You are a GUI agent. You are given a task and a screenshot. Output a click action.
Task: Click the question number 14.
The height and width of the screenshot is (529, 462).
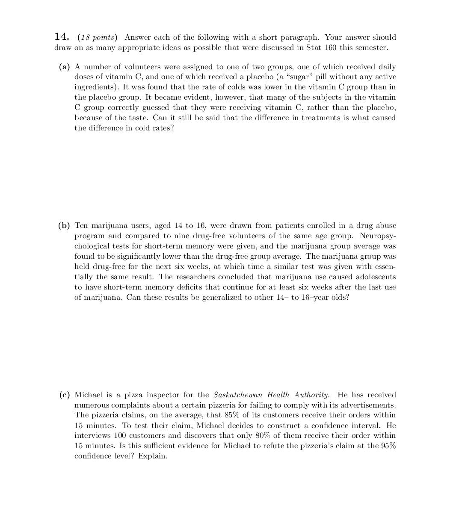(x=62, y=37)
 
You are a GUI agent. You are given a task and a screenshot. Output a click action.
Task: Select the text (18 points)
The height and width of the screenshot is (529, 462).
(x=97, y=37)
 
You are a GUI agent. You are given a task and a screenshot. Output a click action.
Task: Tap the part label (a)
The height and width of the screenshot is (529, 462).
(x=64, y=67)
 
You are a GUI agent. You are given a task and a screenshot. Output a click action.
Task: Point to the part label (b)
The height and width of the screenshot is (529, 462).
(x=64, y=225)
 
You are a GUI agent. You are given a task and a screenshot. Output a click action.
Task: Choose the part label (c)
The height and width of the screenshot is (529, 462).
(x=64, y=395)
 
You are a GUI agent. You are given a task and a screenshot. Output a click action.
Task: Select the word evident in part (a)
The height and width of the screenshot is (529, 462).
(x=198, y=98)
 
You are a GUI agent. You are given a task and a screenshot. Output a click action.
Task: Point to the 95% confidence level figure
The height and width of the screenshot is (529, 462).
(x=388, y=446)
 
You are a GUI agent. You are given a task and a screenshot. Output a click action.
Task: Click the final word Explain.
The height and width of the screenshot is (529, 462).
(x=153, y=456)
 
